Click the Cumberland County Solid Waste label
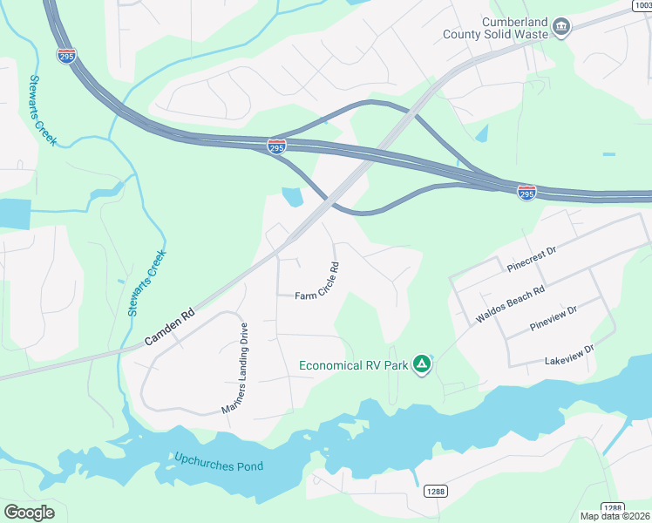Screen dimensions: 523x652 [x=513, y=28]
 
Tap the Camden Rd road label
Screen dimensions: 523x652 [x=169, y=323]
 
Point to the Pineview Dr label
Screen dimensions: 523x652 [x=554, y=318]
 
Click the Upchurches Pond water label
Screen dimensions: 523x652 [x=218, y=461]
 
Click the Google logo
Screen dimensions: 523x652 [x=29, y=512]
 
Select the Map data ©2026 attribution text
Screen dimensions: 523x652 [x=615, y=516]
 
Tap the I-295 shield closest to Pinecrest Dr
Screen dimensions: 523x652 [x=526, y=191]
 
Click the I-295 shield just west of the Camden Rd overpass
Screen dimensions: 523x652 [x=276, y=146]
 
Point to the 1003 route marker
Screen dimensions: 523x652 [x=641, y=5]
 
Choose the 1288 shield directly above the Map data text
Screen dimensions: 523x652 [x=613, y=508]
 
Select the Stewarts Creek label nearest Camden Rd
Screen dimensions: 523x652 [x=146, y=282]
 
